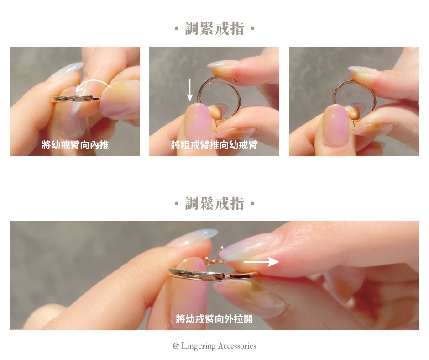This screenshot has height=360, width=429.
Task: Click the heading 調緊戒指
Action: point(214,29)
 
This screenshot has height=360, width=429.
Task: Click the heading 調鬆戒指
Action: point(214,204)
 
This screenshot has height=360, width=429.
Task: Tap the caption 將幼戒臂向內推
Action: point(75,145)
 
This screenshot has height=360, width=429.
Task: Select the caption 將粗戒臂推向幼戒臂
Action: point(214,145)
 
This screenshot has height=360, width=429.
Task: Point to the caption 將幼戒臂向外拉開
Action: point(214,319)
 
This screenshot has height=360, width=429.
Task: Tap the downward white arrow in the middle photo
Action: point(189,90)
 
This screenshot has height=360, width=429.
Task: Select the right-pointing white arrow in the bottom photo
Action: point(262,262)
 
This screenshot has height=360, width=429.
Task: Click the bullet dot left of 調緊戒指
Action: point(177,28)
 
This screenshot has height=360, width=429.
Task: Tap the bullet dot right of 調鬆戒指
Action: point(252,204)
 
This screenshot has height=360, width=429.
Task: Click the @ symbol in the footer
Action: point(176,346)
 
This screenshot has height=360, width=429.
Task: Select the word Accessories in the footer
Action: point(237,346)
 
